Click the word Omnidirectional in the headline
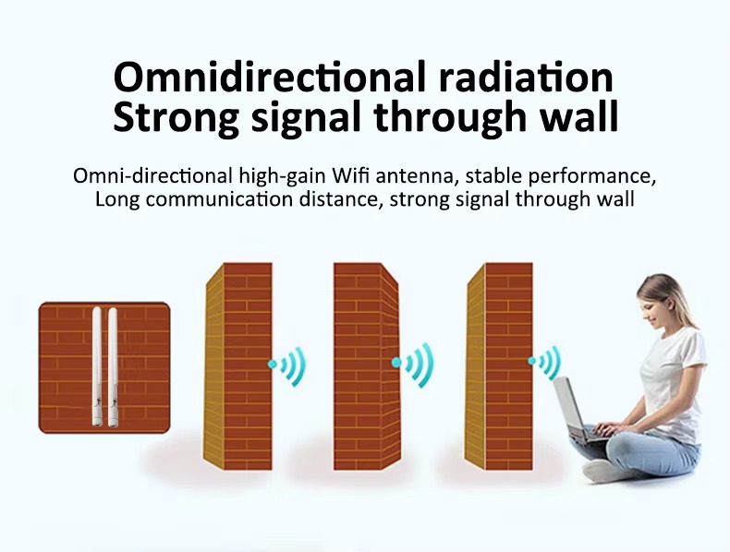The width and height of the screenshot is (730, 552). (x=270, y=78)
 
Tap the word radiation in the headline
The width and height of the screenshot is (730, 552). (x=526, y=78)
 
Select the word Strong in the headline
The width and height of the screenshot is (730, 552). (x=176, y=116)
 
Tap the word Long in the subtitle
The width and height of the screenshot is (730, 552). (x=117, y=200)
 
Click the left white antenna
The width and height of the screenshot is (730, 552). (x=97, y=366)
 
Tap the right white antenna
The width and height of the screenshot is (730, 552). (x=113, y=366)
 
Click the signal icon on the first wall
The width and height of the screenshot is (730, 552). (x=287, y=366)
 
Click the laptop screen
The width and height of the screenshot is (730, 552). (x=568, y=404)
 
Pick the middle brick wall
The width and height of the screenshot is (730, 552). (x=367, y=366)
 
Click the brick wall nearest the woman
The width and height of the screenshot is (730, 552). (x=499, y=366)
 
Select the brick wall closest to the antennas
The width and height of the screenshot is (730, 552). (x=237, y=366)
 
